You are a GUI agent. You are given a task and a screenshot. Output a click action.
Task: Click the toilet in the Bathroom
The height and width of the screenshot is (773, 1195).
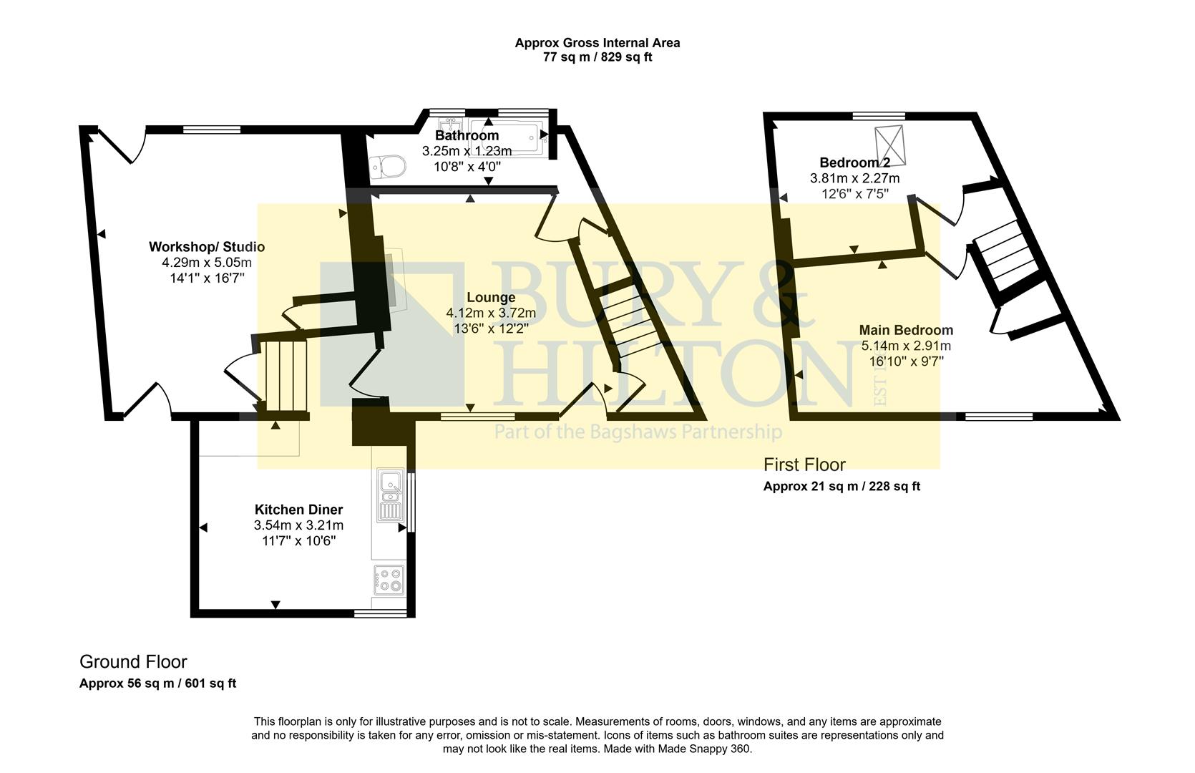click(x=389, y=167)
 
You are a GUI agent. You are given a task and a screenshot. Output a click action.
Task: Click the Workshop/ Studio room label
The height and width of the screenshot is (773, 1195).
click(x=207, y=247)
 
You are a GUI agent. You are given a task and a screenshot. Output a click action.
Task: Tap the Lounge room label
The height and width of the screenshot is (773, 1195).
click(x=491, y=297)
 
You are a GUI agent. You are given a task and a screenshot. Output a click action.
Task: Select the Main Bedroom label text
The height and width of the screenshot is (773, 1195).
click(x=906, y=330)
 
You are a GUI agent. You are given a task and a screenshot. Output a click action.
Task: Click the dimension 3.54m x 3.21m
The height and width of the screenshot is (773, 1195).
click(x=298, y=525)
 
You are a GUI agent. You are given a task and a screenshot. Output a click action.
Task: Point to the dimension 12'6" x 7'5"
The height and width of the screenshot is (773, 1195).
click(x=854, y=193)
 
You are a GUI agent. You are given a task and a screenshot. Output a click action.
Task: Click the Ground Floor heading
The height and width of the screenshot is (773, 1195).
click(x=133, y=661)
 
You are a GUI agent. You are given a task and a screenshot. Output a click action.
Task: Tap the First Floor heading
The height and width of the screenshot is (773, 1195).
click(x=804, y=465)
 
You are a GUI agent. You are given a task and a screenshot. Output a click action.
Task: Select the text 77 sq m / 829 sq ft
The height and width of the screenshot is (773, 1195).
click(x=597, y=57)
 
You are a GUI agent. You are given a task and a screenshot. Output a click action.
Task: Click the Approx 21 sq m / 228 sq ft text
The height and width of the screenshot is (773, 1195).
click(x=842, y=487)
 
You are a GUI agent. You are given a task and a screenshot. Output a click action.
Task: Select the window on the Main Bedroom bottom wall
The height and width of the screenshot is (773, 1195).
click(x=998, y=417)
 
